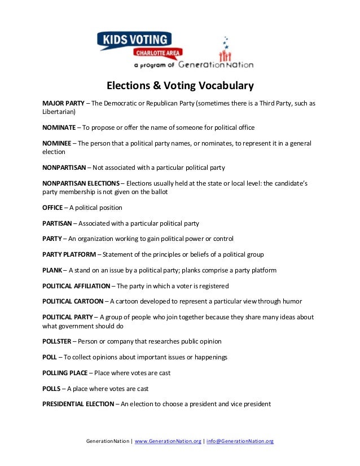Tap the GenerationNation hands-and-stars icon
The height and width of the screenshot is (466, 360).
pyautogui.click(x=226, y=51)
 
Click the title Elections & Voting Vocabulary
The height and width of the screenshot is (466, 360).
pyautogui.click(x=181, y=86)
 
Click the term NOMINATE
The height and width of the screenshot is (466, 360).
pyautogui.click(x=59, y=128)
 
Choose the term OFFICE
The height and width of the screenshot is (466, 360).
pyautogui.click(x=52, y=208)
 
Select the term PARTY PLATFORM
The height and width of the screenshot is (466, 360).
pyautogui.click(x=69, y=254)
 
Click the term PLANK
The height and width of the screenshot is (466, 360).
pyautogui.click(x=52, y=270)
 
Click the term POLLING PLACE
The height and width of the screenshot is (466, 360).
pyautogui.click(x=65, y=373)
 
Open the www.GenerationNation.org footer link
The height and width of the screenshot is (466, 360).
pyautogui.click(x=168, y=441)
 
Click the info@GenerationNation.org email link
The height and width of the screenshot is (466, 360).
pyautogui.click(x=240, y=441)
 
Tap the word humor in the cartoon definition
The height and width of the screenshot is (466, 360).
pyautogui.click(x=291, y=301)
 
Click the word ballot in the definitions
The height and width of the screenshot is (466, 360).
pyautogui.click(x=156, y=192)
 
